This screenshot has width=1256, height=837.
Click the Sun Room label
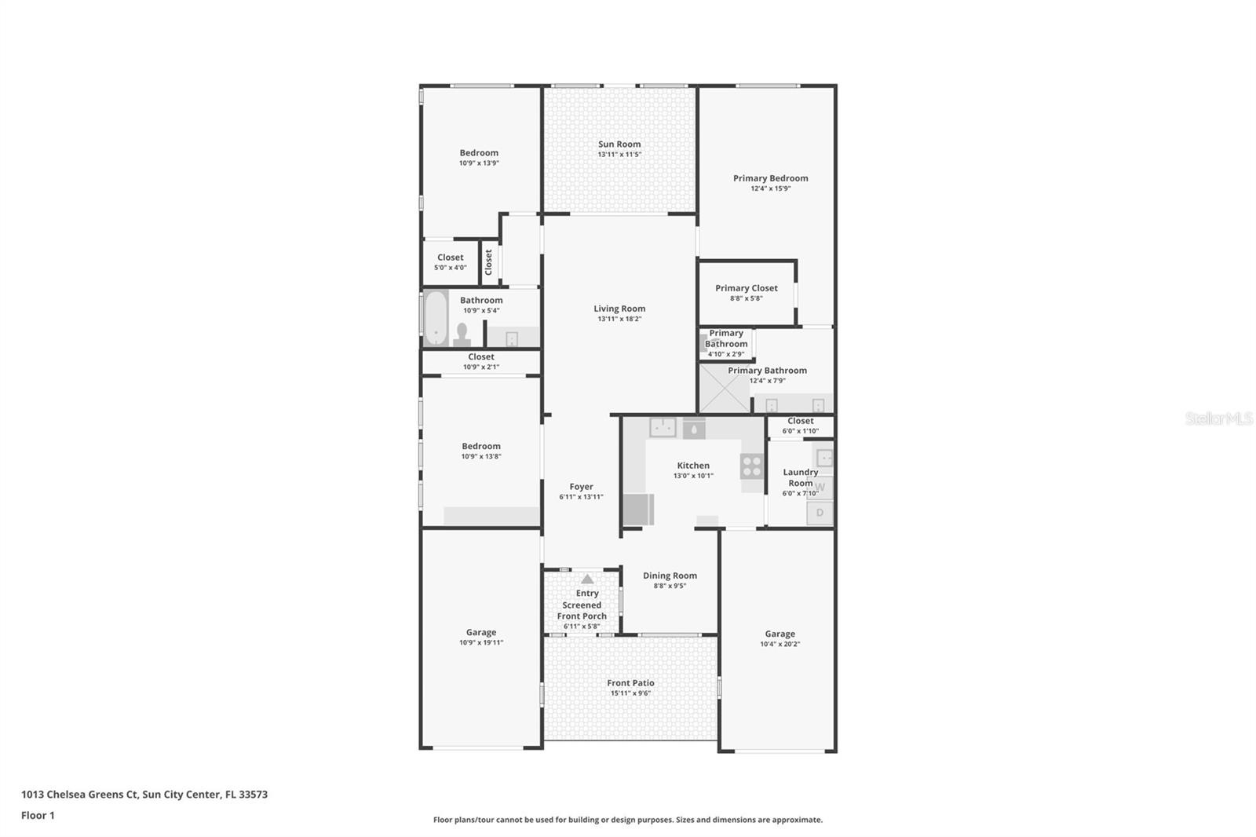tap(619, 144)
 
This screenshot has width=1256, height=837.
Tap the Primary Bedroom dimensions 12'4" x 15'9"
tap(770, 188)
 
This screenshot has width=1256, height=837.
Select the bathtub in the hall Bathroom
tap(435, 318)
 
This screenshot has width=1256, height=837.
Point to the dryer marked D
tap(820, 513)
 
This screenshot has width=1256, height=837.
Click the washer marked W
tap(820, 488)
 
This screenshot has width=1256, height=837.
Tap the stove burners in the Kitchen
tap(751, 466)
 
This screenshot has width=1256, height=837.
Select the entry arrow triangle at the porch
tap(587, 579)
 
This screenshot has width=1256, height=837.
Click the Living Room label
tap(619, 309)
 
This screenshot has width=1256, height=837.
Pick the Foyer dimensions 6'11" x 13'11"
tap(581, 497)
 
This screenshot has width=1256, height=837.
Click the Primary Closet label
tap(746, 288)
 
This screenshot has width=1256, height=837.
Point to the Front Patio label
tap(630, 683)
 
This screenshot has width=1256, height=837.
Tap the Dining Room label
tap(670, 576)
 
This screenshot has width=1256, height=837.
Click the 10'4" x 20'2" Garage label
tap(780, 634)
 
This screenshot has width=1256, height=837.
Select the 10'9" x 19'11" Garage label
tap(481, 632)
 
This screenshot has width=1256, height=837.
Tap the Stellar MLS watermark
tap(1218, 418)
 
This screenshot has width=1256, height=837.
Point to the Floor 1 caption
tap(38, 816)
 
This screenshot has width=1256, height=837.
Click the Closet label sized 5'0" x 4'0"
tap(450, 258)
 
